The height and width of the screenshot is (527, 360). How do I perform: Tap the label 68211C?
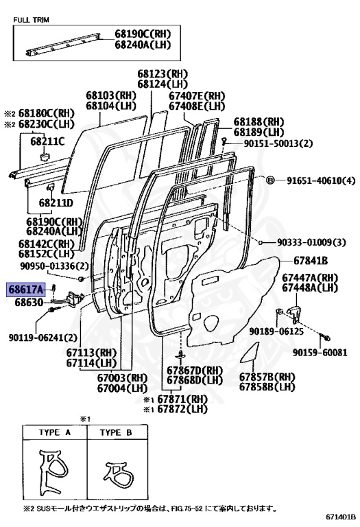tap(47, 141)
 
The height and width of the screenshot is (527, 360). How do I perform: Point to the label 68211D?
tap(56, 203)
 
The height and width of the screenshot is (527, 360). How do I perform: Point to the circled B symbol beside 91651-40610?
tap(270, 180)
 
